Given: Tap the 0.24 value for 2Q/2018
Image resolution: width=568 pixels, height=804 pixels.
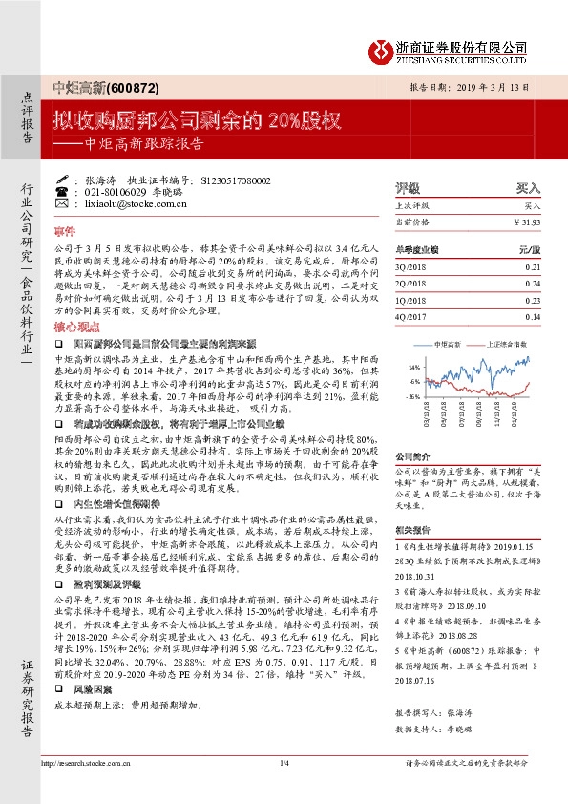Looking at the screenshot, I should click(x=532, y=283).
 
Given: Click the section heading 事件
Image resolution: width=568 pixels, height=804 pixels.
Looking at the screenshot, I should click(x=64, y=232).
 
